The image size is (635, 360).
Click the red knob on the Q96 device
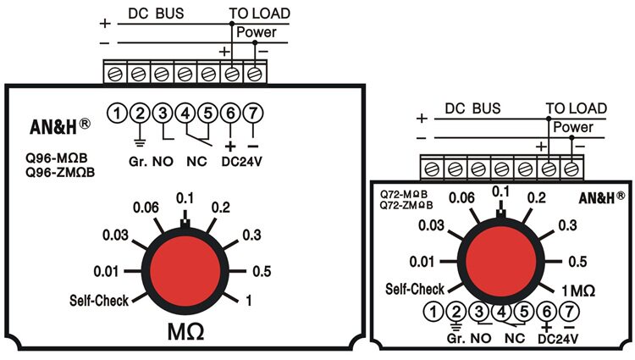[x=185, y=271]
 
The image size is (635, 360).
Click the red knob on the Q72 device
[x=500, y=262]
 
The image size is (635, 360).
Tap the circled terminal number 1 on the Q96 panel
[x=117, y=114]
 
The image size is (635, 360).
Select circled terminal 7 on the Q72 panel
[x=570, y=312]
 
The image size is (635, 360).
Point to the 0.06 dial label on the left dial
[x=146, y=208]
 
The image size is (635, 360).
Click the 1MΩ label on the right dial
[x=578, y=291]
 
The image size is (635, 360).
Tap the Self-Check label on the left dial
[x=99, y=301]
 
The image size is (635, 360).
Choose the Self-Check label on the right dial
[x=415, y=289]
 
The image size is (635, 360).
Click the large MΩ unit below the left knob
[x=186, y=332]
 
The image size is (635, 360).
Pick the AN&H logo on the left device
[x=60, y=127]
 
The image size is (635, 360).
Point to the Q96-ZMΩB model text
[x=60, y=173]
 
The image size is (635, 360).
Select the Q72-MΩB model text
[x=403, y=194]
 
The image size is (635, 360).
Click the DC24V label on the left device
[x=242, y=162]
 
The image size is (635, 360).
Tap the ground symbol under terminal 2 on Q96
[x=140, y=142]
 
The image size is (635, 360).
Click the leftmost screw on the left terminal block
[x=115, y=74]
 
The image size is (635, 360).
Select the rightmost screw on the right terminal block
[x=571, y=169]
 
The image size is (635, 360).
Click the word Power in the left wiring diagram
[x=256, y=32]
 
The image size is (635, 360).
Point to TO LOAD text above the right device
[x=577, y=108]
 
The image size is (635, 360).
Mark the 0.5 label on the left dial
[x=262, y=271]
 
